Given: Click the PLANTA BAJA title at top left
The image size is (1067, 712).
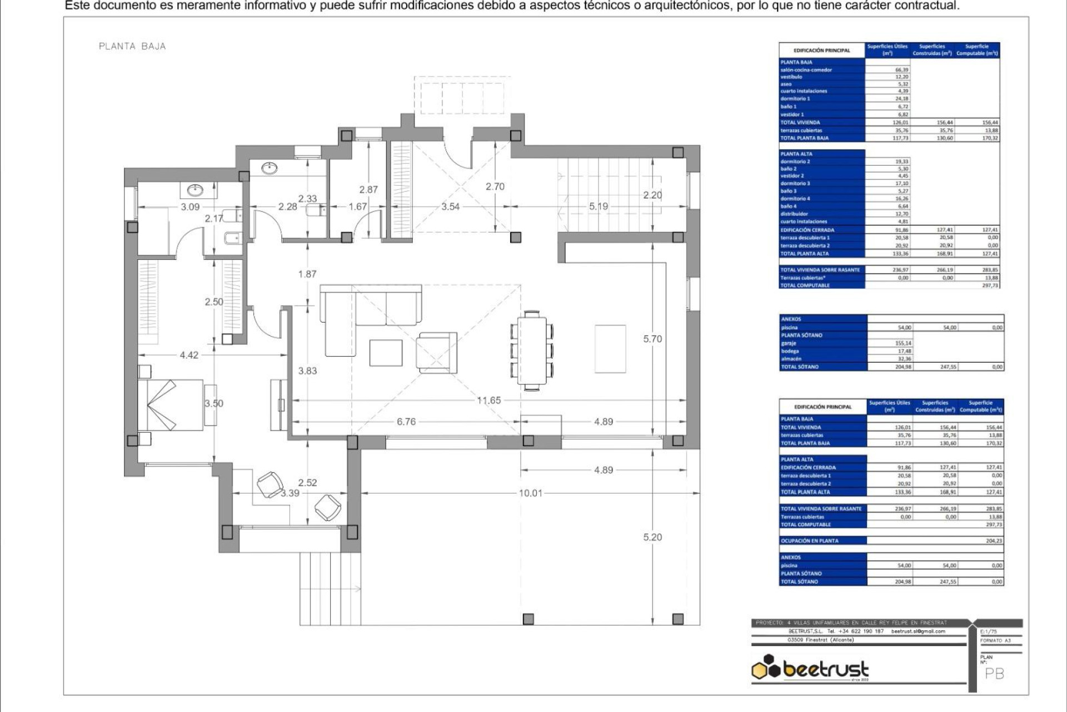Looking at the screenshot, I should pos(132,46).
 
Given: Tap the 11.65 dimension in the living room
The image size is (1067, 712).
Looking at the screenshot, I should pos(488,400).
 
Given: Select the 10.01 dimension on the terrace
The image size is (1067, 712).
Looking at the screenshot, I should pos(530,493).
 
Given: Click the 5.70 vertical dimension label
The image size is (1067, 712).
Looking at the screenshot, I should pos(652,338).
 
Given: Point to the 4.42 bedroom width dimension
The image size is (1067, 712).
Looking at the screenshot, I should pos(189,355).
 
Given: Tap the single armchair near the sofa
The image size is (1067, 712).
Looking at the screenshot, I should pos(437,353).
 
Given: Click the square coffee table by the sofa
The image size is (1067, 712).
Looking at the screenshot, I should pos(386,353).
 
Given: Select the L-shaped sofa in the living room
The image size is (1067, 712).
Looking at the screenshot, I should pos(361,311).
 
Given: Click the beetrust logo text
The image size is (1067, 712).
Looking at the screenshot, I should pos(825,669).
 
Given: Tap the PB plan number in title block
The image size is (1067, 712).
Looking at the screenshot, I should pos(994,674).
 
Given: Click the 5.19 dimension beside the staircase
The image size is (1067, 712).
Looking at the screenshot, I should pos(599,206).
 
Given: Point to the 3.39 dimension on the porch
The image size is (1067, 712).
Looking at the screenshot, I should pos(290,493).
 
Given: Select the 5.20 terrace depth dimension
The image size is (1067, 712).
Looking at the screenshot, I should pos(652,537).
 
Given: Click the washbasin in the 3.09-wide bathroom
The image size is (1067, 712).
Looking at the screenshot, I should pos(195,191).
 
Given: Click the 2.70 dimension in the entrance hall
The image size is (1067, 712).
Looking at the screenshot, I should pos(495,187).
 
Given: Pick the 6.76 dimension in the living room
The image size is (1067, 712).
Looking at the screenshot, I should pos(406,422).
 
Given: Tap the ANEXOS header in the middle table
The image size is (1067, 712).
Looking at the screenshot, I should pos(791,319).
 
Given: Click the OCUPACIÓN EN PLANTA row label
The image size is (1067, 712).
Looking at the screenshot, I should pos(809,541).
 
